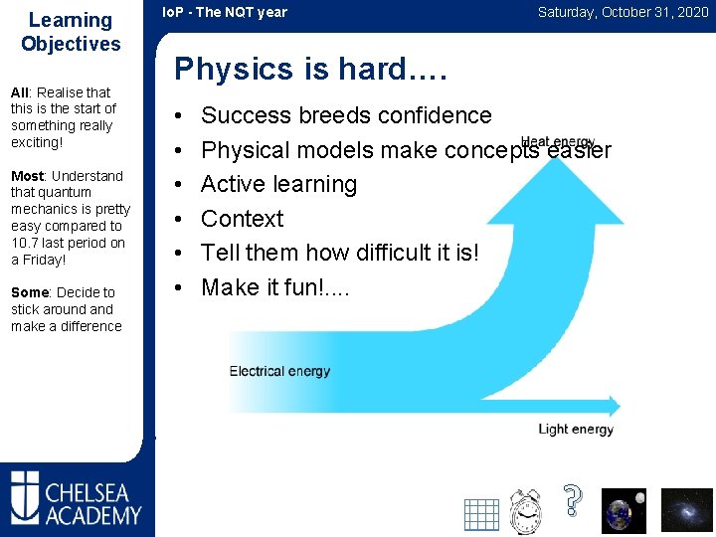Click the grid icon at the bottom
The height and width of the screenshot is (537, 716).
[x=481, y=514]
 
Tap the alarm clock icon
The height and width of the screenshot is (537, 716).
[x=525, y=511]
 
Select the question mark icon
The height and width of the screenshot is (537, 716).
[x=572, y=500]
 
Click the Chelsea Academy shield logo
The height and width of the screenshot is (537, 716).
[x=25, y=497]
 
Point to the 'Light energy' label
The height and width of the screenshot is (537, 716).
[x=576, y=430]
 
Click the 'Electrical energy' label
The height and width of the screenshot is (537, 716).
[x=279, y=372]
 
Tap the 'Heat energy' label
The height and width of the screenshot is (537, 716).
[x=558, y=143]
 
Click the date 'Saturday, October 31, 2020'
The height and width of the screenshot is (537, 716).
[x=623, y=12]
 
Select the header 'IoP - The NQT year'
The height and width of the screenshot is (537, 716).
[x=225, y=12]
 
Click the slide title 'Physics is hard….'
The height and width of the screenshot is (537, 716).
[x=311, y=69]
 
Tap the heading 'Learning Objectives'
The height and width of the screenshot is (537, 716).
[x=71, y=32]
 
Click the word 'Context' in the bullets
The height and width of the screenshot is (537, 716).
[x=243, y=219]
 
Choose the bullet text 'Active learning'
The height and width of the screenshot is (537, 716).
[x=278, y=184]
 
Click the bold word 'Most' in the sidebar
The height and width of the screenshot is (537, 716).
[x=27, y=176]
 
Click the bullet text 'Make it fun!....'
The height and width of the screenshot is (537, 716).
[x=275, y=287]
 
